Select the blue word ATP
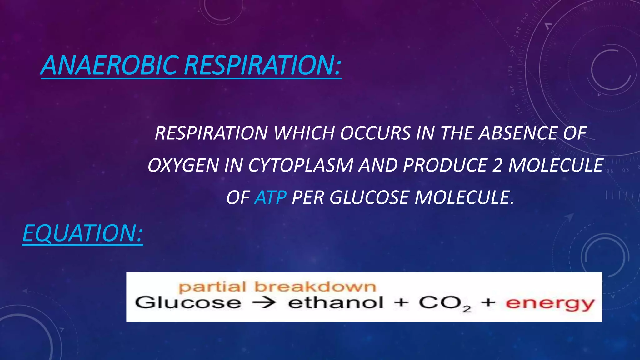270,197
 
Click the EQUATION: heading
82,233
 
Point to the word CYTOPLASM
300,165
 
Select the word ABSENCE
517,133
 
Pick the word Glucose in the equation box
188,303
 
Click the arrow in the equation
264,303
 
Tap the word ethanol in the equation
335,303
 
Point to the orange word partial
212,287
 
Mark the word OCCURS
375,133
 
